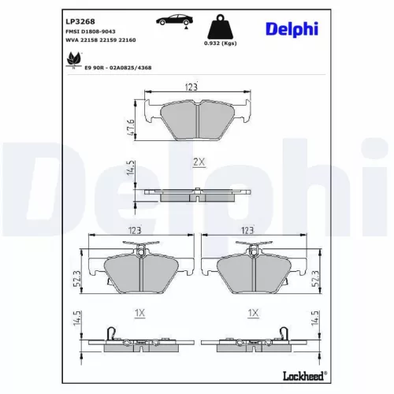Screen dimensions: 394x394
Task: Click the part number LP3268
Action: [77, 17]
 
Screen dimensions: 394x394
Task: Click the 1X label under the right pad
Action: [253, 313]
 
